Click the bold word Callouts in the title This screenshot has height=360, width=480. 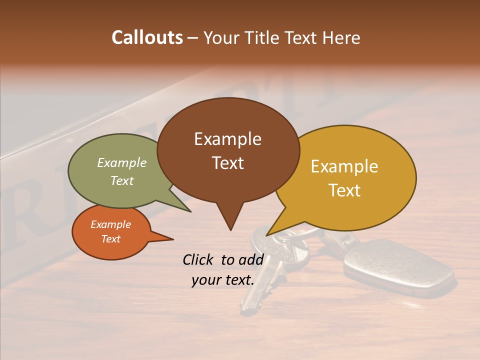[x=147, y=37]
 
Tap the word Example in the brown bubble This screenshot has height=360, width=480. [x=227, y=139]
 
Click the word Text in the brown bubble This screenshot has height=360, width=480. [x=227, y=163]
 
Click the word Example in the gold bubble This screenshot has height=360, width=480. [x=344, y=166]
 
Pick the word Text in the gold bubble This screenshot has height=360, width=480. [x=344, y=190]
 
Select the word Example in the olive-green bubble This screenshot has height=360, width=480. [x=122, y=163]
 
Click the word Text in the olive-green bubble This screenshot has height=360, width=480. [x=122, y=180]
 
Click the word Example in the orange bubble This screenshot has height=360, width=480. [x=110, y=224]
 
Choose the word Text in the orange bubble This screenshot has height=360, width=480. [x=110, y=239]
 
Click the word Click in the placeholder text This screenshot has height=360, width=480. [x=199, y=259]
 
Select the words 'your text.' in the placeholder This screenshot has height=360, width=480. [x=223, y=280]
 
